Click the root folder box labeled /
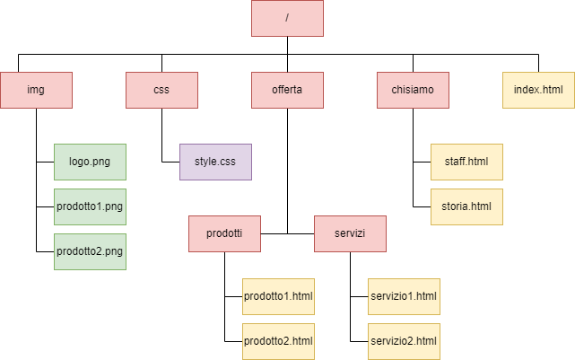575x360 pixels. click(287, 18)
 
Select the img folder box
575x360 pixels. click(36, 90)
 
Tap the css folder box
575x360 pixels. click(161, 90)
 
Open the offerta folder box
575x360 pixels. click(287, 90)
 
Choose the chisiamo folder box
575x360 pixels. click(413, 90)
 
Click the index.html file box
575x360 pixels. click(538, 90)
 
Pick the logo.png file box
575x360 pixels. click(90, 162)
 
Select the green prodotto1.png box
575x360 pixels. click(90, 206)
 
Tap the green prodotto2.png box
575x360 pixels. click(90, 251)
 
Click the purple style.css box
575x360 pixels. click(215, 162)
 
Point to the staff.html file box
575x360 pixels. click(466, 162)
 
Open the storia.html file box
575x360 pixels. click(466, 206)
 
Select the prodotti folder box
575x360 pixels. click(224, 233)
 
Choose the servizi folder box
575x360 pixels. click(350, 233)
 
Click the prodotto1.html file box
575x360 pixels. click(278, 296)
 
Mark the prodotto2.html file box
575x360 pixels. click(278, 341)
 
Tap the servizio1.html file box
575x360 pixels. click(404, 296)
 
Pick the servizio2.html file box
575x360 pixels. click(404, 341)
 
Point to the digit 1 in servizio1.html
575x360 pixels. click(412, 296)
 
